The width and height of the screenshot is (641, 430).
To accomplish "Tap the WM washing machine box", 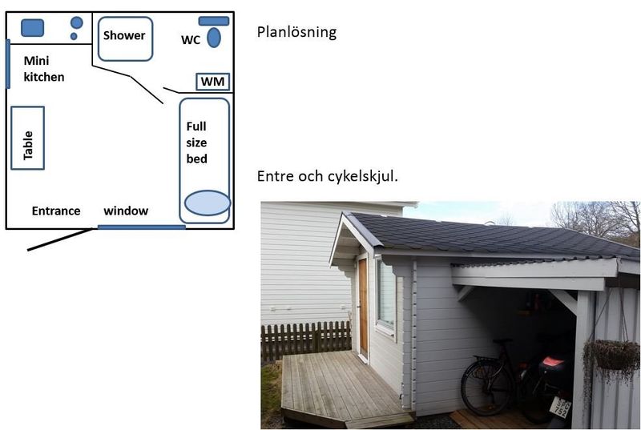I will pyautogui.click(x=212, y=82).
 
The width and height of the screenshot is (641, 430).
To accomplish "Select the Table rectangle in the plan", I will pyautogui.click(x=28, y=138).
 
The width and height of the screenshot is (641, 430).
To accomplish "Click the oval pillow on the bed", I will pyautogui.click(x=207, y=203).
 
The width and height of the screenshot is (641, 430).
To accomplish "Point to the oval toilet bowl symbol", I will pyautogui.click(x=214, y=38).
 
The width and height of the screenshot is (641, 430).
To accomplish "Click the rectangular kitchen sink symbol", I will pyautogui.click(x=32, y=27).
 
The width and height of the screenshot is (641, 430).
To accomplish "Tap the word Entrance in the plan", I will pyautogui.click(x=56, y=211).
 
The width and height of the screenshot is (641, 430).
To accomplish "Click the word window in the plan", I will pyautogui.click(x=126, y=211).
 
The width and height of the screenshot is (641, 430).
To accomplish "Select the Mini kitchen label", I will pyautogui.click(x=43, y=69).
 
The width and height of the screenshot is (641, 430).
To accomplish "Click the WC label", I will pyautogui.click(x=191, y=40).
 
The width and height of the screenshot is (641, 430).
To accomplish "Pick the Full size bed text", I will pyautogui.click(x=197, y=143).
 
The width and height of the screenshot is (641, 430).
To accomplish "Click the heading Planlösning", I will pyautogui.click(x=296, y=33).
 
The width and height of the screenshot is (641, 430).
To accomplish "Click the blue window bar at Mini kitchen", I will pyautogui.click(x=7, y=63).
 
